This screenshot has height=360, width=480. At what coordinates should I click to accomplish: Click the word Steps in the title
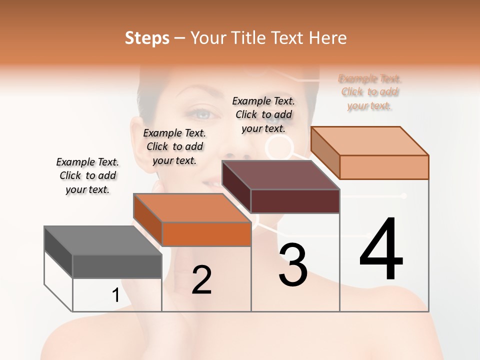(x=147, y=38)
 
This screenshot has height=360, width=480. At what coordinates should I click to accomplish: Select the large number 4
(x=381, y=250)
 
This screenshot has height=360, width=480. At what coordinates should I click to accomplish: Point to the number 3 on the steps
(x=293, y=265)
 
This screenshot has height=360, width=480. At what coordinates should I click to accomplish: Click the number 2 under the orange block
(x=201, y=280)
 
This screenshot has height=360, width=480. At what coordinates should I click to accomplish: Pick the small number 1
(x=115, y=295)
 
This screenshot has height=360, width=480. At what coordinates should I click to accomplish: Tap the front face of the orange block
(x=206, y=234)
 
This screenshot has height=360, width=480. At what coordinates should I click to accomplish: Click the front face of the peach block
(x=384, y=167)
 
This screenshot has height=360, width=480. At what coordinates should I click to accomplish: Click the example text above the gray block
(x=87, y=175)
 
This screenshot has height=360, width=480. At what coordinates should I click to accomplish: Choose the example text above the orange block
(x=174, y=146)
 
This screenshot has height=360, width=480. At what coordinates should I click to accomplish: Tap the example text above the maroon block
(x=263, y=114)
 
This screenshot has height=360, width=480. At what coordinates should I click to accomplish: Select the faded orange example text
(x=369, y=92)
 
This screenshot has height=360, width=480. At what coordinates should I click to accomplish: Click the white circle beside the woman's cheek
(x=278, y=148)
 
